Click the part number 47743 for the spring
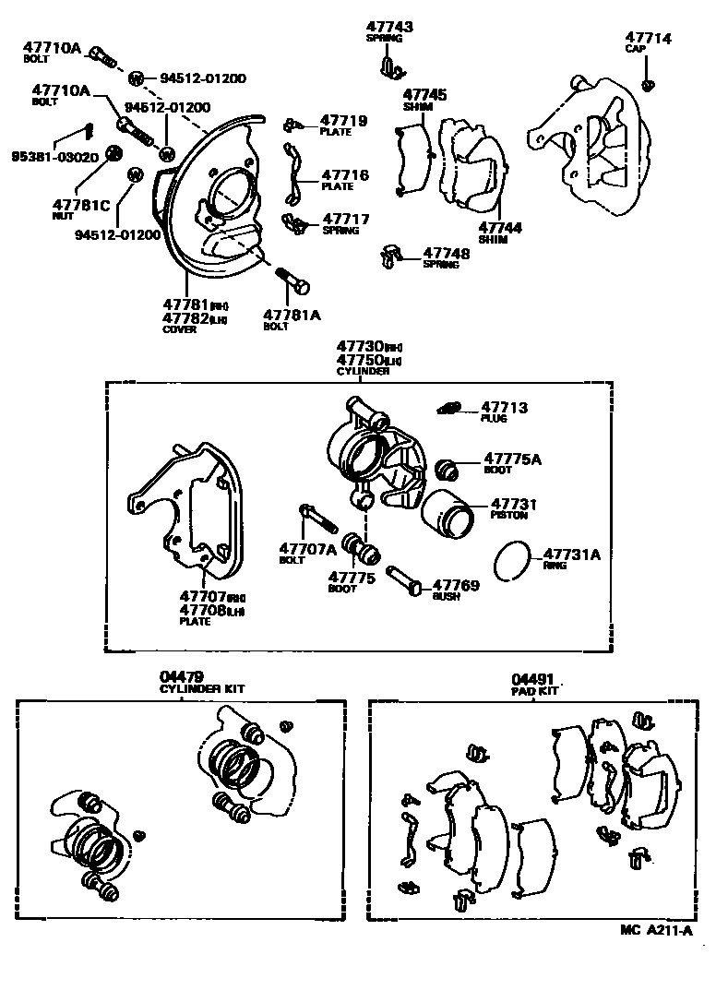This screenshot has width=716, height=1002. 388,28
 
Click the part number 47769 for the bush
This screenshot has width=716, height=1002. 455,584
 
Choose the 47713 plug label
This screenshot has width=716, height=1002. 505,407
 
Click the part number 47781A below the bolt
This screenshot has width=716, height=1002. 292,315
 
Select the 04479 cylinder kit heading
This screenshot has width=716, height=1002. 181,676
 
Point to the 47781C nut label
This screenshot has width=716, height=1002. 81,204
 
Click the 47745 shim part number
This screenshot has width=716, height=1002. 424,94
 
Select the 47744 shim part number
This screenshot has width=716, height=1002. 501,227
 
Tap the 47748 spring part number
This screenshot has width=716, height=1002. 447,252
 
